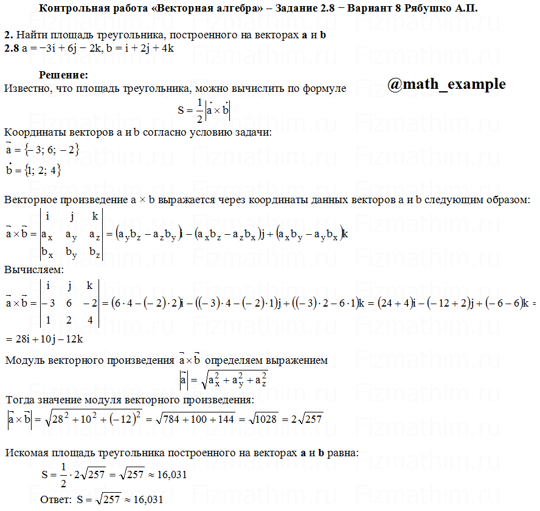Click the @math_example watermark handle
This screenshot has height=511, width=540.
446,85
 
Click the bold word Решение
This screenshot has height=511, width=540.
63,75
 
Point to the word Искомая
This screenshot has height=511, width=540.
27,453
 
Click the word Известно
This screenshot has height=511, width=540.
27,89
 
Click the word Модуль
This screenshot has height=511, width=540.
26,360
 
